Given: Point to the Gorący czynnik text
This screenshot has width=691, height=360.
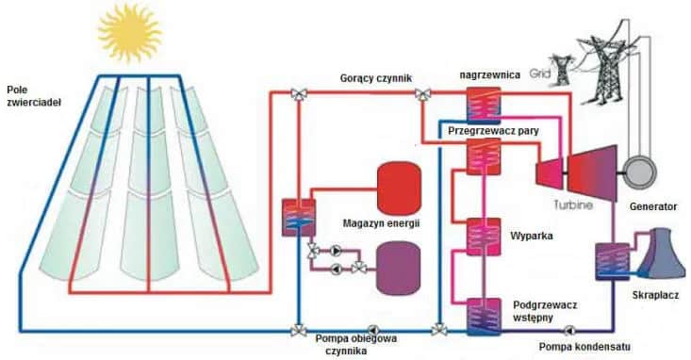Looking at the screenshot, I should coord(376,78).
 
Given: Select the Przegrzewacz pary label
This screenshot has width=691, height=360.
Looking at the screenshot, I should coord(496,132).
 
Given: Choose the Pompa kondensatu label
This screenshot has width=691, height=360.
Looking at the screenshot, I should coord(584,346).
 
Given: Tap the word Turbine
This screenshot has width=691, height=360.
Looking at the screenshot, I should coord(573,204).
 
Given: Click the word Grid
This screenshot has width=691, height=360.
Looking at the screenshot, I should coord(538,72).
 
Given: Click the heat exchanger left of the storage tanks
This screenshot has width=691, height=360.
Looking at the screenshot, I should coord(299,218).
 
